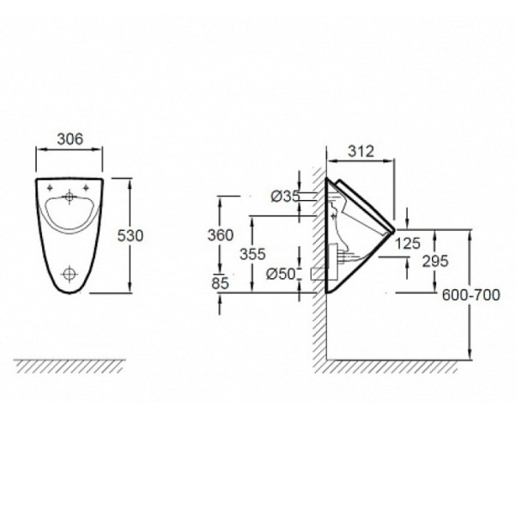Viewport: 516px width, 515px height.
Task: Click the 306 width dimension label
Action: pyautogui.click(x=70, y=139)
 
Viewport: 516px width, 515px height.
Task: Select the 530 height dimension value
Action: pyautogui.click(x=131, y=236)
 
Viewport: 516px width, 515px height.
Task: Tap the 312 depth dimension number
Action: pyautogui.click(x=361, y=151)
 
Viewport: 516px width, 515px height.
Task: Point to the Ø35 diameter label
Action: pyautogui.click(x=285, y=197)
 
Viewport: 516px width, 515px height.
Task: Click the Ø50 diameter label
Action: pyautogui.click(x=281, y=274)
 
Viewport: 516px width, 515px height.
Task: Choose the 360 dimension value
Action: pyautogui.click(x=221, y=235)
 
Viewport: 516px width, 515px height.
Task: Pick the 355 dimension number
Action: pyautogui.click(x=252, y=254)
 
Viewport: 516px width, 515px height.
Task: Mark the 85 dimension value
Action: pyautogui.click(x=220, y=283)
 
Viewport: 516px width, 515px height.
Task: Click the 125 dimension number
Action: pyautogui.click(x=408, y=243)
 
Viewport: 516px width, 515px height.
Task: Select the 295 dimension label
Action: pyautogui.click(x=435, y=261)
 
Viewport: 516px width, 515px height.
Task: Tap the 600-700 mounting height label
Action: pyautogui.click(x=470, y=295)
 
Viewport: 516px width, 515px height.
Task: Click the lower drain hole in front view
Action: pyautogui.click(x=70, y=274)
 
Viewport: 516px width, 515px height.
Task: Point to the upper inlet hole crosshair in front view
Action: pyautogui.click(x=69, y=197)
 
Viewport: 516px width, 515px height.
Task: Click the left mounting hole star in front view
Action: pyautogui.click(x=50, y=188)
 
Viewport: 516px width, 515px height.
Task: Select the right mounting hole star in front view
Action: pyautogui.click(x=86, y=188)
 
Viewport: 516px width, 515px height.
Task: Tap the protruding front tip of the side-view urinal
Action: pyautogui.click(x=393, y=230)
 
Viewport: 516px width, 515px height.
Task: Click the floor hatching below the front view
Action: pyautogui.click(x=70, y=367)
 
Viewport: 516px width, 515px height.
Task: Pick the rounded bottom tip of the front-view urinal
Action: pyautogui.click(x=70, y=293)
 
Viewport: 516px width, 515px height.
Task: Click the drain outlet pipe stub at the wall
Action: pyautogui.click(x=319, y=274)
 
